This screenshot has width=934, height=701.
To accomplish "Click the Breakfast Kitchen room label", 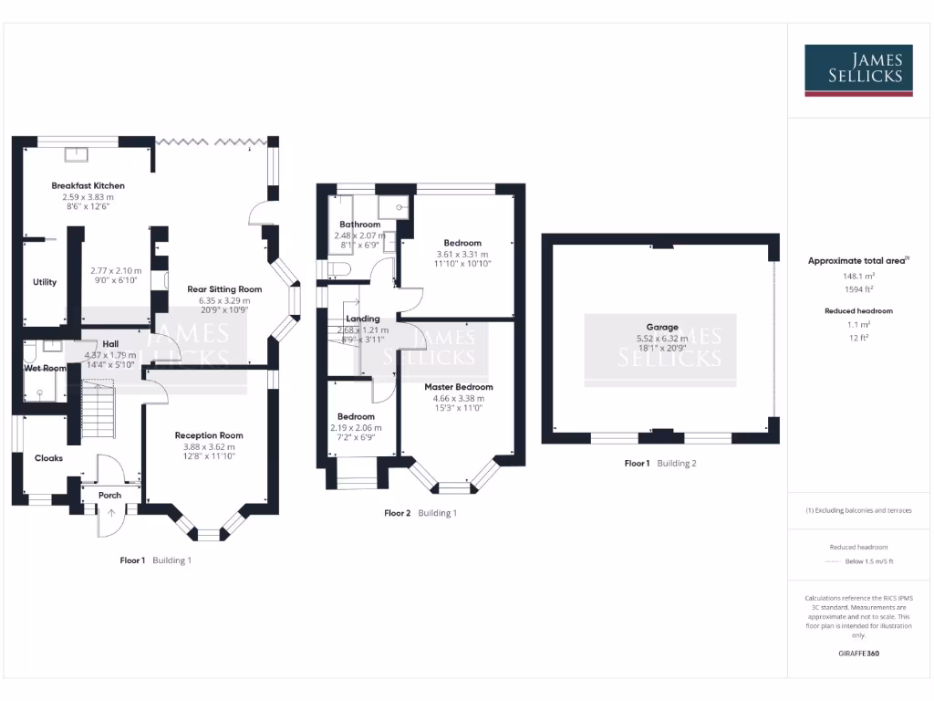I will tap(88, 185).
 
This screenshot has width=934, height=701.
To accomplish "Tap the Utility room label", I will tap(45, 282).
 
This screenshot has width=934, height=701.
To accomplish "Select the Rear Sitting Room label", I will tap(218, 289).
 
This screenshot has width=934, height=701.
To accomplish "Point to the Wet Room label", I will tap(45, 368).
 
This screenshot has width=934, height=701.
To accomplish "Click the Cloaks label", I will tap(48, 458).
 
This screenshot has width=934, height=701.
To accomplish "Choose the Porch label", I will tap(109, 496).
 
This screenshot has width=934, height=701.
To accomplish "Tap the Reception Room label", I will tap(209, 435).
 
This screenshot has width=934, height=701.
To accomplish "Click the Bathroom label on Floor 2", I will tap(359, 225).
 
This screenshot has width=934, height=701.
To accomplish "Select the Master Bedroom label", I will tap(458, 387).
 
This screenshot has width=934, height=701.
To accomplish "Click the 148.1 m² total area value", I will tap(857, 275).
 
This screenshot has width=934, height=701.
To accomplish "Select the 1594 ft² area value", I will tap(857, 288).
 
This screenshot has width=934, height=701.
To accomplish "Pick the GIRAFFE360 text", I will tap(857, 654).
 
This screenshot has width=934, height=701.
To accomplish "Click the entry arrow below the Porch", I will tap(111, 513).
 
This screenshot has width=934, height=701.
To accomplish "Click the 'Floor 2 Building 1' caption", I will tap(420, 513).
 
